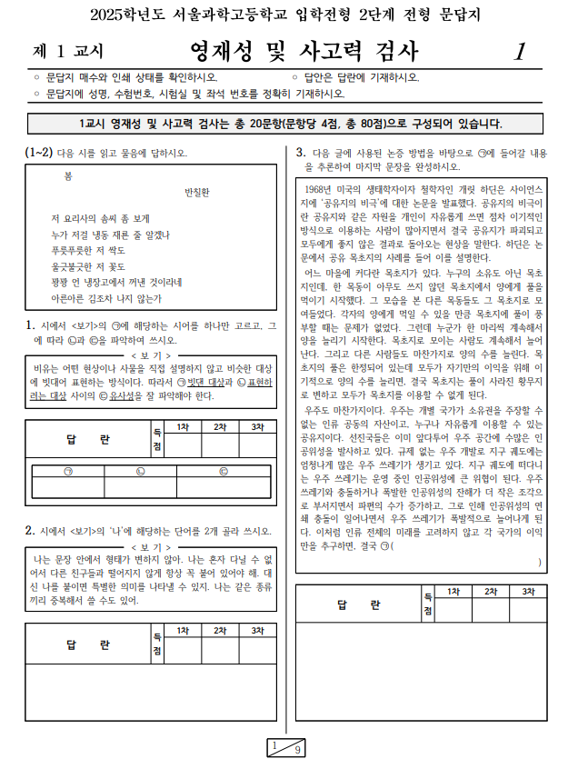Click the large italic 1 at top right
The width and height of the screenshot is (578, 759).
pos(519,51)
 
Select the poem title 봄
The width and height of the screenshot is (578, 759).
pos(68,174)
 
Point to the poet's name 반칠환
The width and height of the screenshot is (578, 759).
pos(196,192)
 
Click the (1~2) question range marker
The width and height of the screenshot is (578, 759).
pos(39,152)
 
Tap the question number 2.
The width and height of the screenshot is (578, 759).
pos(30,530)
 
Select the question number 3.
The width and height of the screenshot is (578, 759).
pos(301,152)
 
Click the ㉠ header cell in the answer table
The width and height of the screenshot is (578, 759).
pos(68,470)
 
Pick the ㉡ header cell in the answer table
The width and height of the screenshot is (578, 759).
pos(141,470)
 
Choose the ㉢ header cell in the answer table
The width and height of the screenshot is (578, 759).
pos(223,470)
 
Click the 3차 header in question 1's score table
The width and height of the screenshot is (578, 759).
pos(258,426)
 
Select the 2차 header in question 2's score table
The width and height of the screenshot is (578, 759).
pos(221,630)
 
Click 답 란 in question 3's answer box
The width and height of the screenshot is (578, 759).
pos(360,605)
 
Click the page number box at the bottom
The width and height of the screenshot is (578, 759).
pos(288,747)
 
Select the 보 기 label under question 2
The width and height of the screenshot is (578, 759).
pos(151,547)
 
